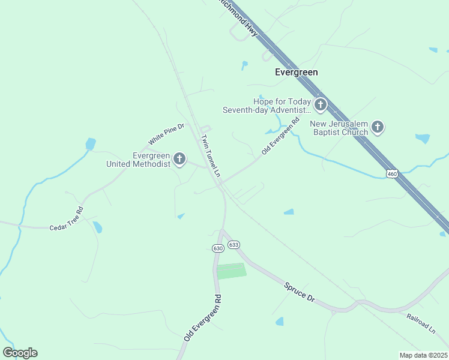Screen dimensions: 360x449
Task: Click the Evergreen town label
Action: tap(296, 72)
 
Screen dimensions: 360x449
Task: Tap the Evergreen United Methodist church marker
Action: tap(179, 159)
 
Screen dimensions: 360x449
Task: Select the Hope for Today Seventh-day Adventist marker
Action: tap(320, 106)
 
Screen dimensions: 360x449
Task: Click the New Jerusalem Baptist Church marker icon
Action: tap(377, 127)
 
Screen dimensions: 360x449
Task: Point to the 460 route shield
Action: tap(392, 173)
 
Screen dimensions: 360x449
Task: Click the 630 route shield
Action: tap(218, 248)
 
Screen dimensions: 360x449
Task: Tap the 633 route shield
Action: tap(234, 244)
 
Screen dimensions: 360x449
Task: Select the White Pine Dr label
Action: tap(166, 133)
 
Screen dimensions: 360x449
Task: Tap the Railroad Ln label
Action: tap(420, 323)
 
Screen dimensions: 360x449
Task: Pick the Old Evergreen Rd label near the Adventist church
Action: tap(280, 136)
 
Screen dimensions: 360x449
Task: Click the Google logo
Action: tap(20, 353)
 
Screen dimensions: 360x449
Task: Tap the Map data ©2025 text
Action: tap(423, 355)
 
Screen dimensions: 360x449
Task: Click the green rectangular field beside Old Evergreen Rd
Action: tap(231, 271)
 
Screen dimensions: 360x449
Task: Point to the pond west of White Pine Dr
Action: tap(91, 144)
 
